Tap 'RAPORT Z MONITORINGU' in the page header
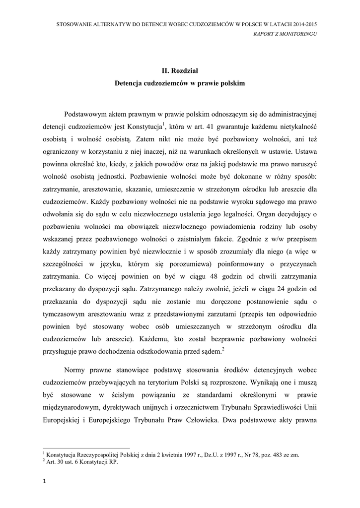pyautogui.click(x=286, y=34)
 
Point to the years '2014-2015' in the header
pyautogui.click(x=304, y=24)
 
